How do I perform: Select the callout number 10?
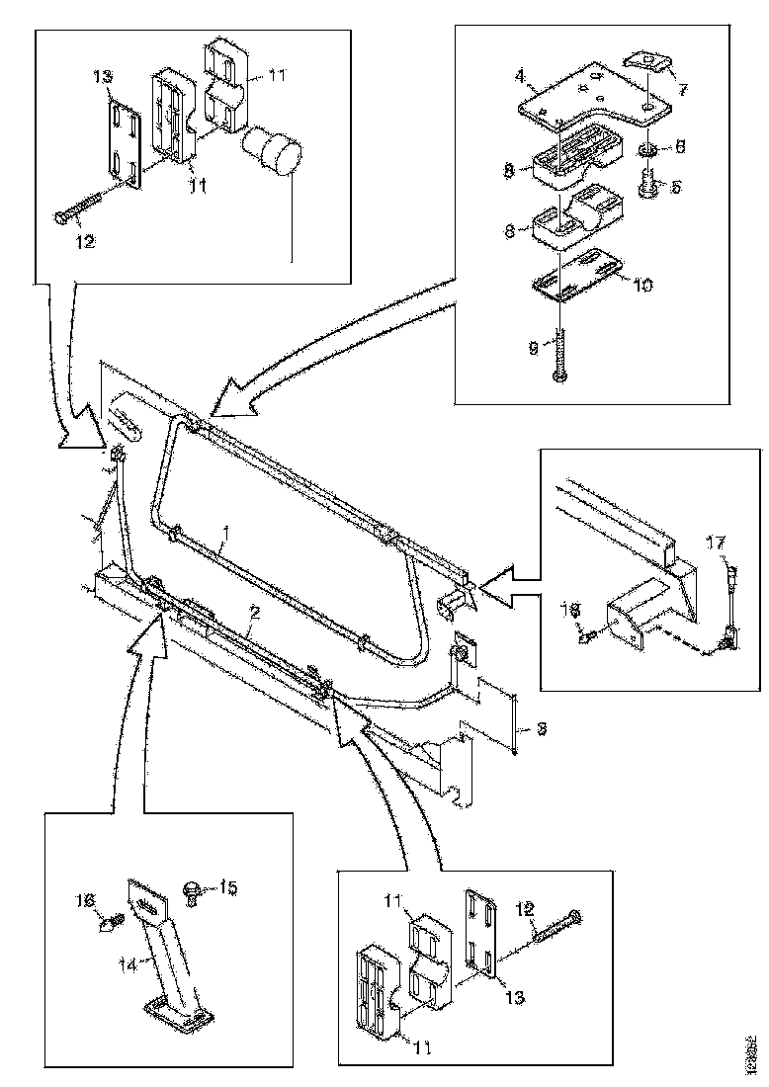[643, 286]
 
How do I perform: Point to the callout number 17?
[716, 543]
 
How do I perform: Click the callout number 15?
[227, 888]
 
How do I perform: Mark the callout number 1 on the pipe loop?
[226, 533]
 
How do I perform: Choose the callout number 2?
[255, 615]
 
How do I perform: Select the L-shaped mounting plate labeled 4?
[583, 94]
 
